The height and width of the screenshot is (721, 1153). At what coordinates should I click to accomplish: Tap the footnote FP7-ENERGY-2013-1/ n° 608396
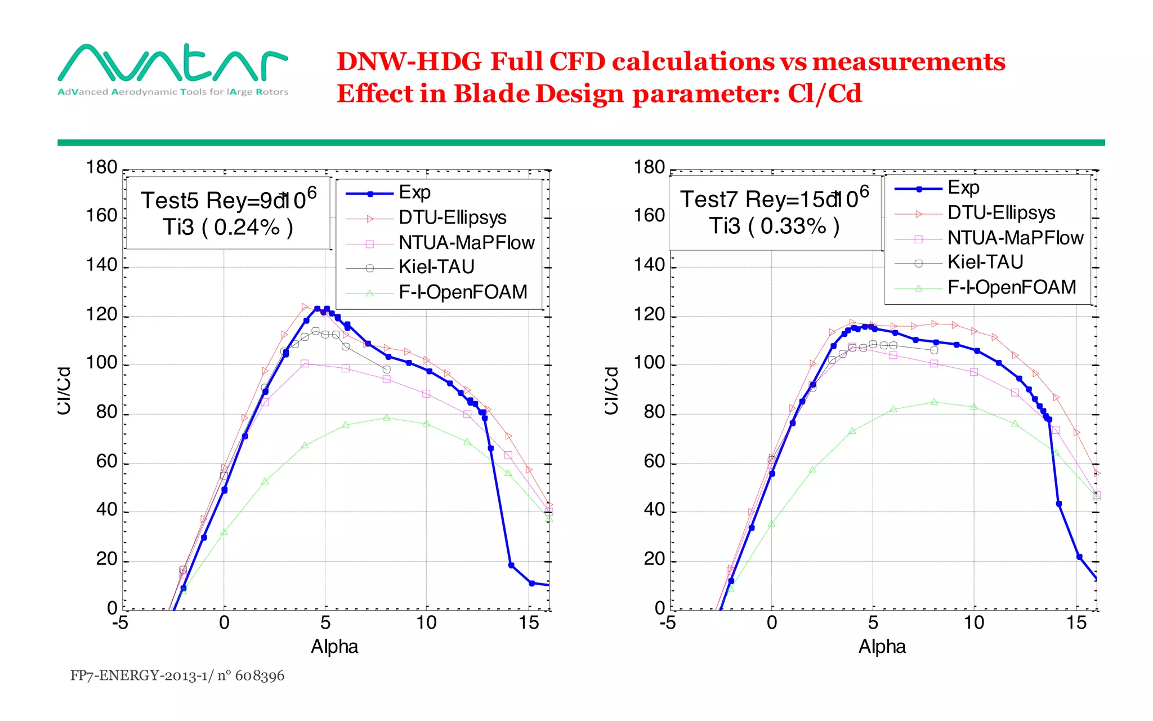point(177,675)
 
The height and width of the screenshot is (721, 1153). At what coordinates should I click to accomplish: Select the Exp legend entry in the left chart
point(414,193)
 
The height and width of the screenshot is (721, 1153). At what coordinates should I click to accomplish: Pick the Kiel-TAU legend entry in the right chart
point(985,262)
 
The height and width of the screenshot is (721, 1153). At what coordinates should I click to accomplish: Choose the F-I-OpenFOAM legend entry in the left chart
point(462,292)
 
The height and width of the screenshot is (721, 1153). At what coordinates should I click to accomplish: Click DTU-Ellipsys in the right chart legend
point(1001,213)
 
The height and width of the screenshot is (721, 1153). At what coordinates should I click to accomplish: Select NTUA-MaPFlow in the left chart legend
point(466,243)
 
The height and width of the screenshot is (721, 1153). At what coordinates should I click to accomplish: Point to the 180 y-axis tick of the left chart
point(101,167)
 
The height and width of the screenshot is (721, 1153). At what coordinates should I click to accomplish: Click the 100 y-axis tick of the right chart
point(649,363)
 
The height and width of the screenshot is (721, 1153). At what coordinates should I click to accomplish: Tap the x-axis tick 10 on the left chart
point(426,623)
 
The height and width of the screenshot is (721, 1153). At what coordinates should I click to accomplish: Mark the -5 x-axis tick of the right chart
point(668,623)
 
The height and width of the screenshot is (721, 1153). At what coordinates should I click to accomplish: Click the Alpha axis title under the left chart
point(334,647)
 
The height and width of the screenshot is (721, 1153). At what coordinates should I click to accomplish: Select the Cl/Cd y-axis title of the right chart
point(612,390)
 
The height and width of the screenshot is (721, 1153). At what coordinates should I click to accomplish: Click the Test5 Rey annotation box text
point(228,201)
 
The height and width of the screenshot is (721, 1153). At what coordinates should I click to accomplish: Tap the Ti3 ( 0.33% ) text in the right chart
point(774,226)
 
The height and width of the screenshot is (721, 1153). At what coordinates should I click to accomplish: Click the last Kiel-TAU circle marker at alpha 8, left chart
point(386,370)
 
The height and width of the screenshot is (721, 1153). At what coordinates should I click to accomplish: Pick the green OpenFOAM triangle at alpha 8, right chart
point(934,402)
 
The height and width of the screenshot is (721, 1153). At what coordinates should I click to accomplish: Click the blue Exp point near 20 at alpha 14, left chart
point(511,565)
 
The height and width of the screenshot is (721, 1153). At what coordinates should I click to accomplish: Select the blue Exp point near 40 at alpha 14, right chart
point(1058,504)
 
